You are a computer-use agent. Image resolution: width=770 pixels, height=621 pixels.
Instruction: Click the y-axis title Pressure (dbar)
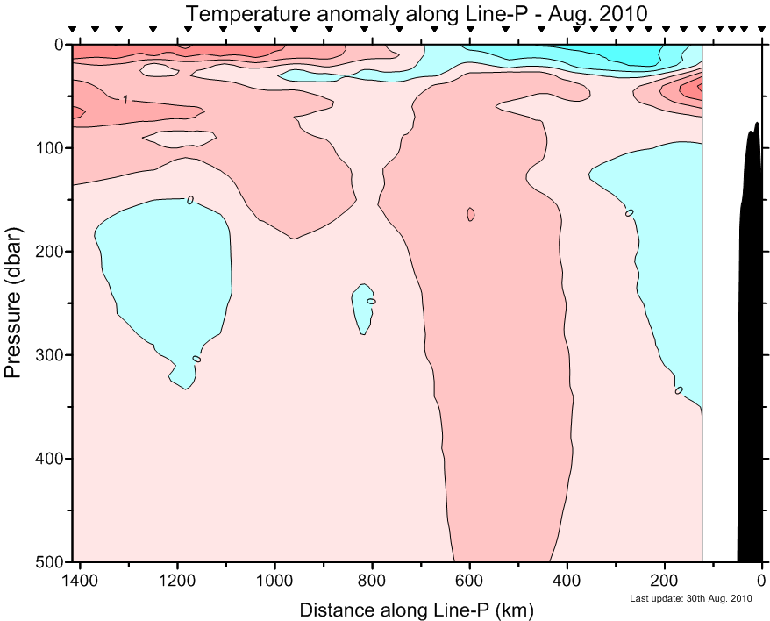tap(13, 303)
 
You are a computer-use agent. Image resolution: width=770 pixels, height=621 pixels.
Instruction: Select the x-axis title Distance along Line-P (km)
tap(416, 609)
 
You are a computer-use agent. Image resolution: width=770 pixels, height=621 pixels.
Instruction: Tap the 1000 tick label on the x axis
tap(275, 580)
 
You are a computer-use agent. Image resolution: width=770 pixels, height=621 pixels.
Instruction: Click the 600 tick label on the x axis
tap(470, 580)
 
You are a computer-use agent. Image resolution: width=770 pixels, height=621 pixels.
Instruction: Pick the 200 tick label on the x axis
tap(665, 580)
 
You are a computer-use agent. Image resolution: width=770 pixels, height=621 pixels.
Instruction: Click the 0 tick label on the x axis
tap(761, 580)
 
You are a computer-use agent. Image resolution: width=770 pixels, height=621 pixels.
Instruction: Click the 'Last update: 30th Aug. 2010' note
tap(691, 599)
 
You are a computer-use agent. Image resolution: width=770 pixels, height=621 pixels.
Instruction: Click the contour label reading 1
tap(126, 100)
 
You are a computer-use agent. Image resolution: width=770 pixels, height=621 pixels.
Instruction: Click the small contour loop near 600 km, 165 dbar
tap(471, 214)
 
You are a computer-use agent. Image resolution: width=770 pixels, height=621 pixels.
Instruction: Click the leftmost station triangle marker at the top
tap(73, 30)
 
